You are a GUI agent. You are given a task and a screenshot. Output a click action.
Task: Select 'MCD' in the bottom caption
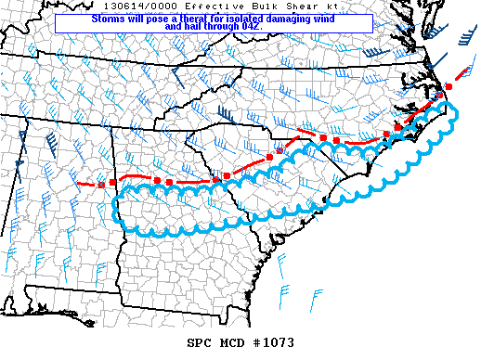(234, 343)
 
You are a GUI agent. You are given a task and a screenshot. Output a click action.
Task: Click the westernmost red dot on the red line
(101, 185)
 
